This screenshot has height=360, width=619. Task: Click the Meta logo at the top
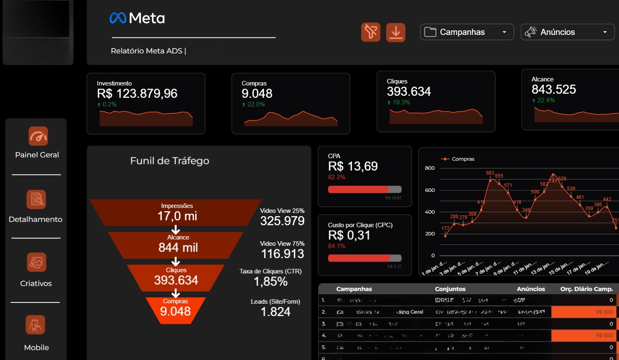(x=137, y=18)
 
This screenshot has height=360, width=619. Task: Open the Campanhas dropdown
(x=467, y=32)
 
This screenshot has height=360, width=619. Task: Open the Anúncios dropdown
(x=567, y=32)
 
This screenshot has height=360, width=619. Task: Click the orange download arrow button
(x=396, y=32)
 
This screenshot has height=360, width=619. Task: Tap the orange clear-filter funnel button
(x=370, y=32)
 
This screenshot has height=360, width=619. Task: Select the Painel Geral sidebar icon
(x=38, y=136)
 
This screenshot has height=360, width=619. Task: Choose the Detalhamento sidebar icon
(x=36, y=199)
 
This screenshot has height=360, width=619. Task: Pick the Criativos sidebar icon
(x=36, y=262)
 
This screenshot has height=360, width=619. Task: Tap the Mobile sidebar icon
(x=36, y=325)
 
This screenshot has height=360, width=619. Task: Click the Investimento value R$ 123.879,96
(x=137, y=94)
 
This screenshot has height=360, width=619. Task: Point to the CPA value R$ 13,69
(x=353, y=166)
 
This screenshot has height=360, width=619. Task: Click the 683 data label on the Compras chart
(x=490, y=173)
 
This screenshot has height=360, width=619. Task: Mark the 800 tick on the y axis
(x=430, y=168)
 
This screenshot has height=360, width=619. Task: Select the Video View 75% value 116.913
(x=283, y=254)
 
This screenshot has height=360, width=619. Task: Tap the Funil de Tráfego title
(x=170, y=161)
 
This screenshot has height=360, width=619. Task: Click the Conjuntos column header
(x=450, y=289)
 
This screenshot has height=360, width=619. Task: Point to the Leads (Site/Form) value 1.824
(x=276, y=312)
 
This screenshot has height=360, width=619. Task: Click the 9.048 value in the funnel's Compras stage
(x=175, y=312)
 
